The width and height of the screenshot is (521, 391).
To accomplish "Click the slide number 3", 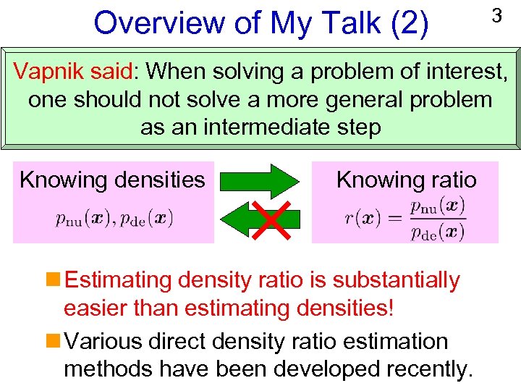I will click(x=496, y=15).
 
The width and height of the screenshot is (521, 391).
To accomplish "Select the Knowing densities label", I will click(x=112, y=180).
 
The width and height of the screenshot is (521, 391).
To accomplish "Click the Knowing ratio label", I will click(x=406, y=180).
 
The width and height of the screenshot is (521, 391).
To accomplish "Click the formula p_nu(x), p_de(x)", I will click(x=114, y=218).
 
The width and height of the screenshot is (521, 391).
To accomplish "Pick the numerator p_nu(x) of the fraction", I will click(x=437, y=206).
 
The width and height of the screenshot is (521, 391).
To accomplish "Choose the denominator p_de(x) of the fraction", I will click(x=437, y=232).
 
